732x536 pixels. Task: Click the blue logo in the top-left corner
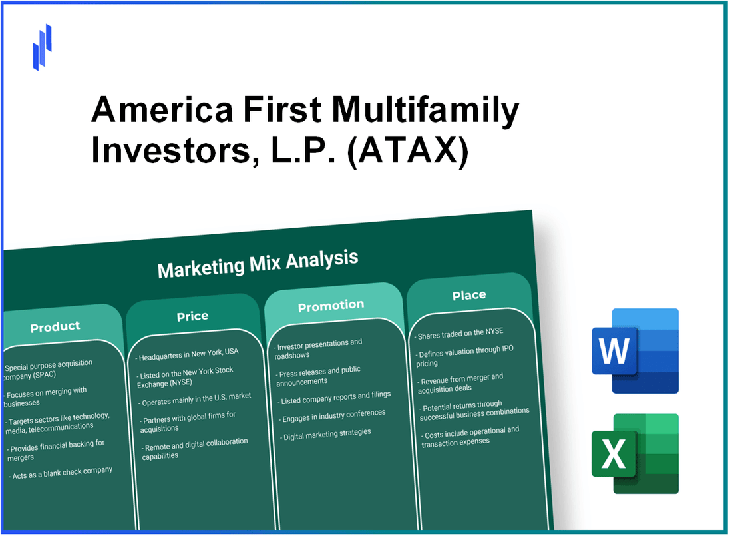[x=42, y=47]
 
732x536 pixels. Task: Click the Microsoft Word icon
[x=636, y=350]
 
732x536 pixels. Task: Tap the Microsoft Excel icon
[x=636, y=453]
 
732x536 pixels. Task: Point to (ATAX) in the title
[x=407, y=151]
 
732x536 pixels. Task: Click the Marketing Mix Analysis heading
[x=258, y=264]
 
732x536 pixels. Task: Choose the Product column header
[x=55, y=326]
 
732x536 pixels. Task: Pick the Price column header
[x=192, y=316]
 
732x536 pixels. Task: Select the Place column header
[x=469, y=295]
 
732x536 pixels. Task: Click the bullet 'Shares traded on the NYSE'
[x=458, y=334]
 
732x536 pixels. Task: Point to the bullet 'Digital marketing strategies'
[x=325, y=435]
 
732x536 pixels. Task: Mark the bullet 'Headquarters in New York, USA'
[x=187, y=354]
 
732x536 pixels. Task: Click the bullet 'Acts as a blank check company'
[x=61, y=473]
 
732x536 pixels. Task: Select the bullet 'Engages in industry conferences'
[x=332, y=416]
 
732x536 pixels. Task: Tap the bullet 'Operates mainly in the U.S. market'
[x=195, y=399]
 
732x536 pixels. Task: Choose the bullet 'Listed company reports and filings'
[x=334, y=398]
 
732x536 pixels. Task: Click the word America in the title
[x=162, y=109]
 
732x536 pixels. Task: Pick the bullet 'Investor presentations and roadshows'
[x=318, y=349]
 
